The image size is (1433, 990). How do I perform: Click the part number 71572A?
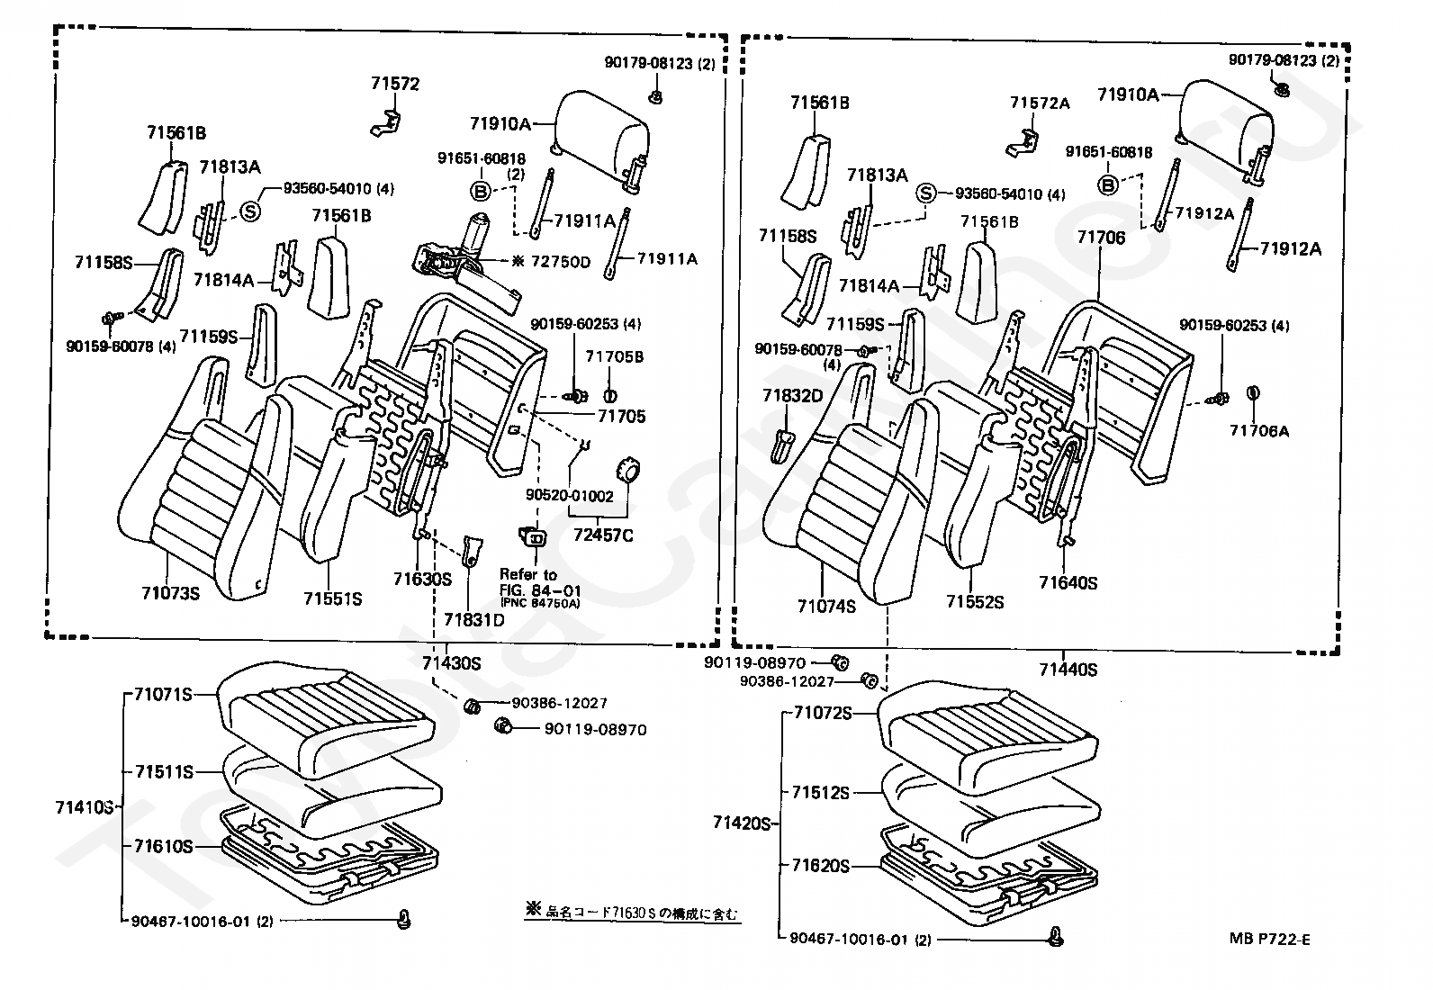point(1039,103)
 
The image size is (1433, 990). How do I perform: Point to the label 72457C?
point(602,536)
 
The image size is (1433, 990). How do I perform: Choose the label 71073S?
point(170,593)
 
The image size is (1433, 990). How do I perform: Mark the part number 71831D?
point(473,619)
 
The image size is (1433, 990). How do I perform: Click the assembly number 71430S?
point(451,664)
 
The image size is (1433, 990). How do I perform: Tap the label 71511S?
point(165,772)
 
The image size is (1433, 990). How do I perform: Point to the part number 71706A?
point(1258,431)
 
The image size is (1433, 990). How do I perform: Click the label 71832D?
point(792,396)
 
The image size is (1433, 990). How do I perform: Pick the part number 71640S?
point(1068,582)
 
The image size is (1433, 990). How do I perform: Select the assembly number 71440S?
point(1068,670)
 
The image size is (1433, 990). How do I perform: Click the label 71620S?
point(821,866)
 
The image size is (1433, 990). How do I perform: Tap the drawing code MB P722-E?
point(1270,940)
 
